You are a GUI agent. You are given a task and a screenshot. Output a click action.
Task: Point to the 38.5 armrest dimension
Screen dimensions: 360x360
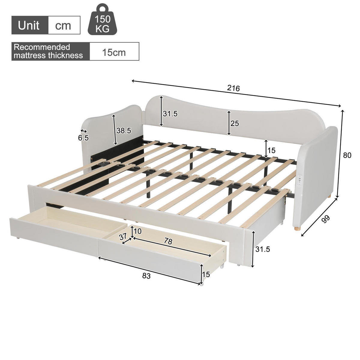coord(124,130)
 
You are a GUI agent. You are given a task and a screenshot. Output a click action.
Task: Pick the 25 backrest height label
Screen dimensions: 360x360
coord(235,123)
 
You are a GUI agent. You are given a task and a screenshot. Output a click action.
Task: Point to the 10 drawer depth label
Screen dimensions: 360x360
coord(138,231)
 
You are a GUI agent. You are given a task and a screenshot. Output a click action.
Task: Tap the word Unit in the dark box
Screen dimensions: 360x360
coord(29,25)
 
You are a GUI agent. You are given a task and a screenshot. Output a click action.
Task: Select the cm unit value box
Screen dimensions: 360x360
coord(64,25)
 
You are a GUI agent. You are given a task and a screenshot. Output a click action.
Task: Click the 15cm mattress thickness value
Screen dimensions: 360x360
coord(114,52)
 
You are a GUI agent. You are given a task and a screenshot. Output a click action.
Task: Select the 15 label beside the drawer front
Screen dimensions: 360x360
coord(206,274)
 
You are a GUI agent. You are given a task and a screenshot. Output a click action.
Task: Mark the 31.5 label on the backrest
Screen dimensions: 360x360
coord(170,114)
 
